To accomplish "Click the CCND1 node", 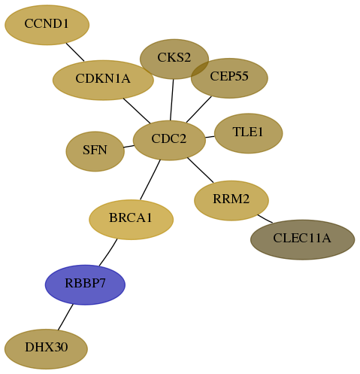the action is coord(47,25).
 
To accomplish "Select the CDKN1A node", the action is coord(103,80).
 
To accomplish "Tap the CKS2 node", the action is coord(174,59).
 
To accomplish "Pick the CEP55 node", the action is coord(229,78).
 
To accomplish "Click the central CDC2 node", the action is coord(169,140).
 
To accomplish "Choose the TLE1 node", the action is coord(249,133).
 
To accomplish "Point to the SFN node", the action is coord(95,151).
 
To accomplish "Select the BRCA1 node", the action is coord(132,220).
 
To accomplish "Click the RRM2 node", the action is coord(231,200).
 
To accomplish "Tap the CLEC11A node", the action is coord(303,239).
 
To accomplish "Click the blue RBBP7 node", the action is coord(85,284).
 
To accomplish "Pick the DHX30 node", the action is coord(46,349).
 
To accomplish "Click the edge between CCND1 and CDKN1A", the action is coord(75,52).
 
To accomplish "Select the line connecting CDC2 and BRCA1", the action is coord(150,180).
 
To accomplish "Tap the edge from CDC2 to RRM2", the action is coord(201,170).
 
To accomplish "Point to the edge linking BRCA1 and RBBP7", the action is coord(108,252).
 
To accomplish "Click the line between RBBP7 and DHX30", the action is coord(65,317).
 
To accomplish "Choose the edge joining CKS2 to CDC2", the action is coord(172,100).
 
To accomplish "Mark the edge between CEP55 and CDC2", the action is coord(199,110).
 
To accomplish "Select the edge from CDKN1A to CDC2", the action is coord(137,111).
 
